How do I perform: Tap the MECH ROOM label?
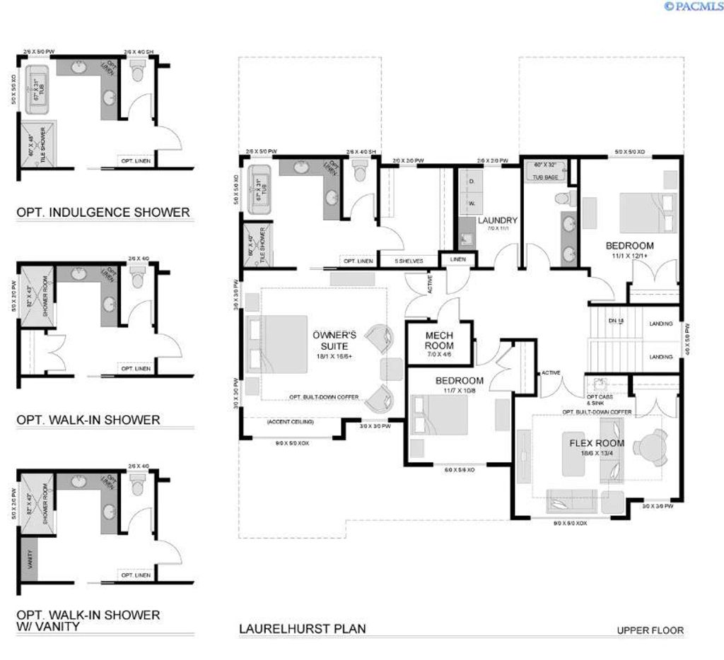click(x=439, y=340)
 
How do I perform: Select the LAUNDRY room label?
click(x=497, y=220)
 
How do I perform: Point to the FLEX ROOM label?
click(x=596, y=443)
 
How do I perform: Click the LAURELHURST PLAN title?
click(x=302, y=628)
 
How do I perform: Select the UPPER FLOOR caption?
click(x=650, y=631)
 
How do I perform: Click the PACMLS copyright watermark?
click(x=693, y=6)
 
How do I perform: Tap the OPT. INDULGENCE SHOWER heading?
click(x=103, y=212)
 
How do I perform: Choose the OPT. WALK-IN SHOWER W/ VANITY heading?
click(x=88, y=620)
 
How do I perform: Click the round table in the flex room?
click(x=650, y=447)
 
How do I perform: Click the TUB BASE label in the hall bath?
click(x=545, y=177)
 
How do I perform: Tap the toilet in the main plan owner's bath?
click(x=360, y=170)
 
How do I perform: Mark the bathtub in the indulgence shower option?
click(x=37, y=90)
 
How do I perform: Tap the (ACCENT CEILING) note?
click(x=290, y=422)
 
